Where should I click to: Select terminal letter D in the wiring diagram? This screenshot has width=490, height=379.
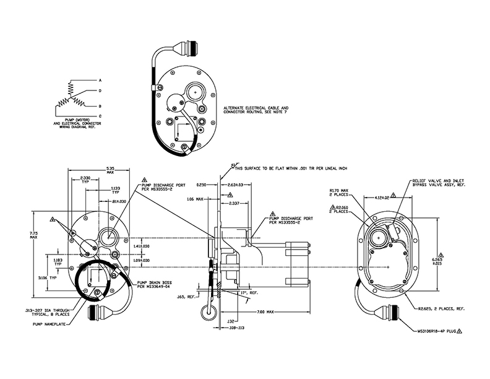100,91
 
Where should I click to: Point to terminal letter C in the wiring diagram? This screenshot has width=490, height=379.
100,116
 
